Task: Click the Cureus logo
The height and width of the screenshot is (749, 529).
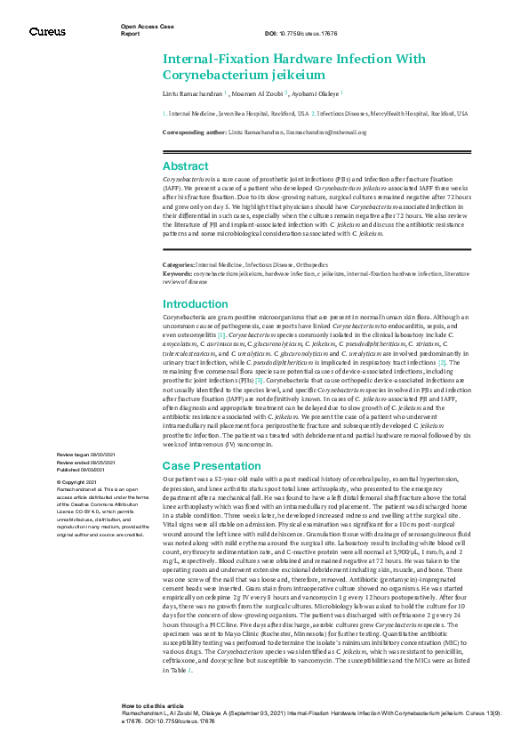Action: pyautogui.click(x=47, y=31)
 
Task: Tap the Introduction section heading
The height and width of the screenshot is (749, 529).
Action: pyautogui.click(x=195, y=304)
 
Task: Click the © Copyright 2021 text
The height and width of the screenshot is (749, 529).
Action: pyautogui.click(x=78, y=481)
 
